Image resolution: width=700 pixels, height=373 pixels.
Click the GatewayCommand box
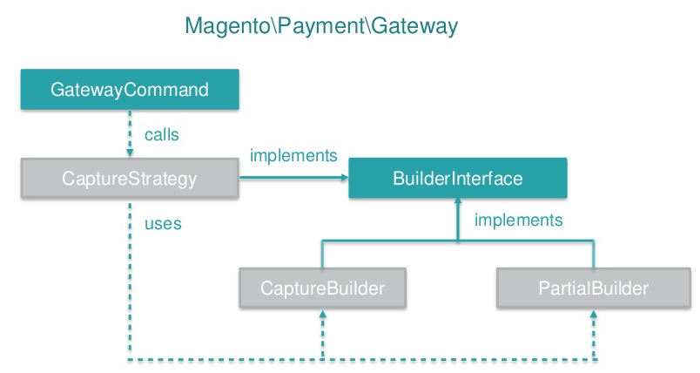(x=129, y=90)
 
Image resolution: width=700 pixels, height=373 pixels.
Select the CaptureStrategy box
(x=129, y=180)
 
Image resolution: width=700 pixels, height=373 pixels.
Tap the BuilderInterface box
(x=457, y=180)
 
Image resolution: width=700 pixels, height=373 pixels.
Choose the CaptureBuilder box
(x=323, y=288)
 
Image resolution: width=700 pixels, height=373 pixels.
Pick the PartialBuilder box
(x=594, y=288)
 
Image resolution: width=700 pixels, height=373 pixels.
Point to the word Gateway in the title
(x=414, y=27)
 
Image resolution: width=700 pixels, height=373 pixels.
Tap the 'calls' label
(x=162, y=135)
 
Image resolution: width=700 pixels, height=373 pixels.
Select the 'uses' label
(x=163, y=224)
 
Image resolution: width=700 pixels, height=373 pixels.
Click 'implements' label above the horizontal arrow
(x=293, y=156)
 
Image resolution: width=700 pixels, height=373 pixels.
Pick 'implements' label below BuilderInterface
(x=518, y=220)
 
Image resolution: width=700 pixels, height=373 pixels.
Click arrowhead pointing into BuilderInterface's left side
(x=343, y=179)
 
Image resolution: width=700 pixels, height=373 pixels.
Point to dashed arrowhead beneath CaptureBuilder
(x=323, y=315)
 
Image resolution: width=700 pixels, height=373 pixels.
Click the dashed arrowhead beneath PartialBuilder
(x=595, y=315)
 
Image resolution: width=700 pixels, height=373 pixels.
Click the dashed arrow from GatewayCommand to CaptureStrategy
(x=129, y=132)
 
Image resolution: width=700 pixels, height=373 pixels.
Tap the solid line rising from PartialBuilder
(x=595, y=254)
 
